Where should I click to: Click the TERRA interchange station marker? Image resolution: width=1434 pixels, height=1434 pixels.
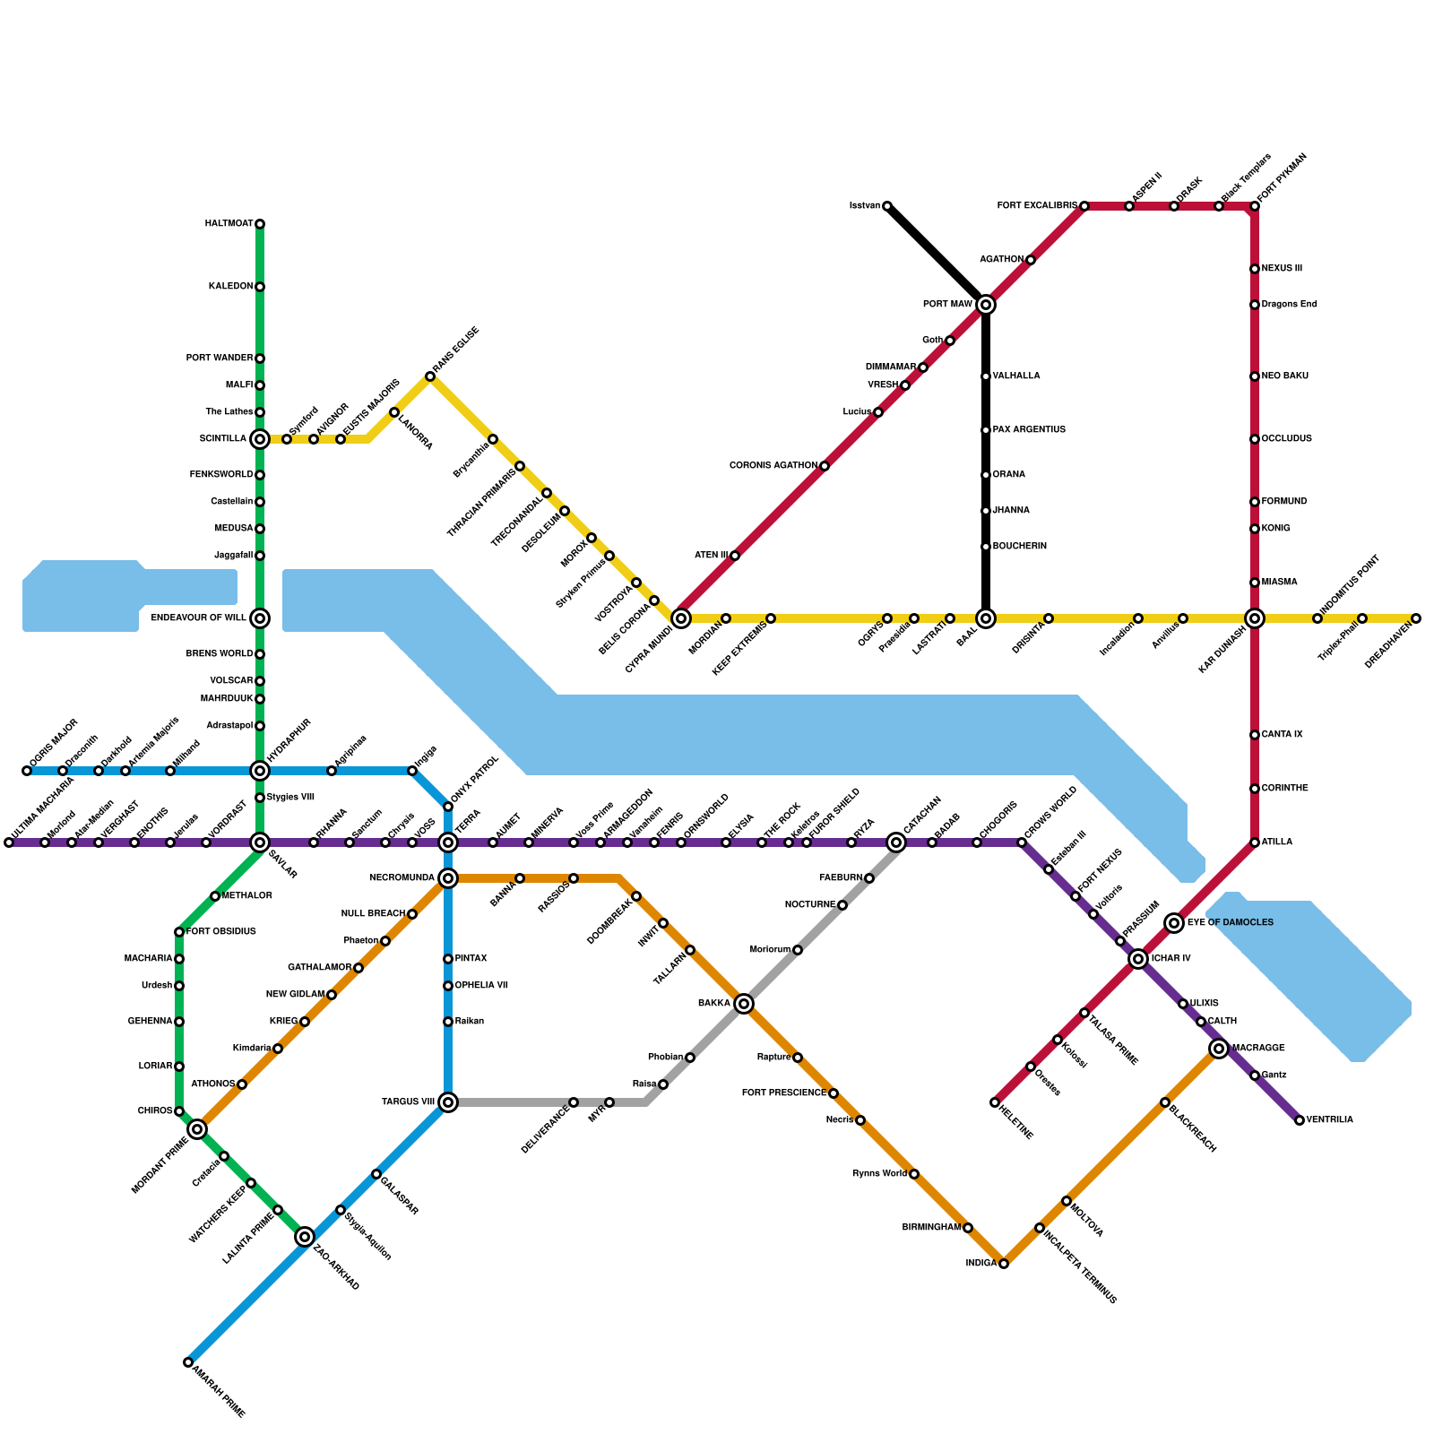[448, 842]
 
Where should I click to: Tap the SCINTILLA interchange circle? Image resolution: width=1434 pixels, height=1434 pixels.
[260, 439]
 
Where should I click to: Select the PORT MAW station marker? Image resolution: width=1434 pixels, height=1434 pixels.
[986, 305]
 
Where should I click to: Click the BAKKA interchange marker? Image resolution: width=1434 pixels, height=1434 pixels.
[744, 1004]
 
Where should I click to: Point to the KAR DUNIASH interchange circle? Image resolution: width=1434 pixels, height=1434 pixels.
[1255, 618]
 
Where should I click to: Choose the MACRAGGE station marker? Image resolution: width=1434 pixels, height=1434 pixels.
[1219, 1049]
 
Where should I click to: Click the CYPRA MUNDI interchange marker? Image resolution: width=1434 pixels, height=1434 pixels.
[681, 618]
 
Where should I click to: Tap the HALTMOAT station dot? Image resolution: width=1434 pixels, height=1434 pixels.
[260, 224]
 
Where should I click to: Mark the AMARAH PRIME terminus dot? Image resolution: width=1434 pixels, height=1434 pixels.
[188, 1362]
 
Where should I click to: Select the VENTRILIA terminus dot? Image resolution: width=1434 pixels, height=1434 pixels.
[1300, 1120]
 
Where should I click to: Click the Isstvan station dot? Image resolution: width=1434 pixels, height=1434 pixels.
[887, 206]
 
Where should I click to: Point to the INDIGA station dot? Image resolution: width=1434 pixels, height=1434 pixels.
[1004, 1264]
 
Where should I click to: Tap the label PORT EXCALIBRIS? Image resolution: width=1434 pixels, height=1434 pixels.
[1037, 206]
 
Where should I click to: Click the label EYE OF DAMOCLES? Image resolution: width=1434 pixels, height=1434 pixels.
[1230, 923]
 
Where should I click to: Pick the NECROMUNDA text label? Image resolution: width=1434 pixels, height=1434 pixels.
[402, 878]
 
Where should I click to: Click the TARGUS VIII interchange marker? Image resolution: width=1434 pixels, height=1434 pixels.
[448, 1102]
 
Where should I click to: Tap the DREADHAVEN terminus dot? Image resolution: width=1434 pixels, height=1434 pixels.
[1416, 618]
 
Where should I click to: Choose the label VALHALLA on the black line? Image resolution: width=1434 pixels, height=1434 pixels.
[1016, 376]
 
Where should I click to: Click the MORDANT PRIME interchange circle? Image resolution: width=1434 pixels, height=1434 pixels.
[197, 1129]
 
